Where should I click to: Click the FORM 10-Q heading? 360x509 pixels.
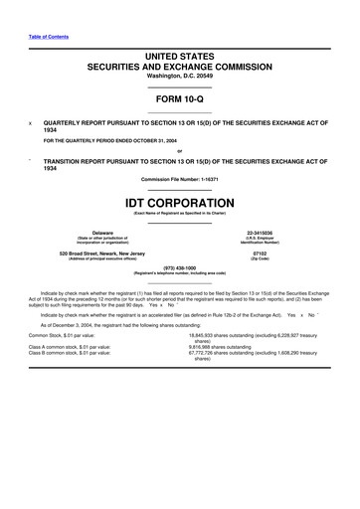179,100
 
